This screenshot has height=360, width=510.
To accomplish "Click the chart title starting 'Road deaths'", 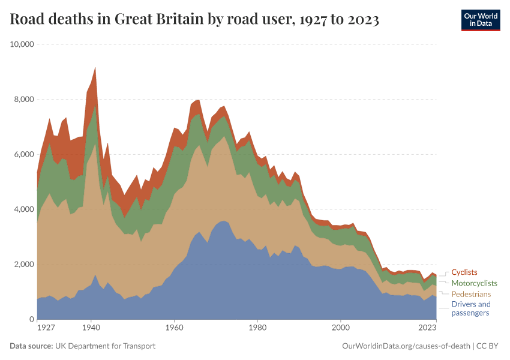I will pos(194,20).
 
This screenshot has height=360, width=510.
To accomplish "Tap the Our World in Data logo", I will pos(481,20).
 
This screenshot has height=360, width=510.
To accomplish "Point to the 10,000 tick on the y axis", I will pos(22,44).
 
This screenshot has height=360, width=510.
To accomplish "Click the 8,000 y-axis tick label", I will pos(24,100).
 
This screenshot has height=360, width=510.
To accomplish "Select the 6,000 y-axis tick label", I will pos(24,154).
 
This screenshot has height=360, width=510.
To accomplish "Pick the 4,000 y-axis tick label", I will pos(24,209).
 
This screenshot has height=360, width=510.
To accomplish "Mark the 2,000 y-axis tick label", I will pos(24,265).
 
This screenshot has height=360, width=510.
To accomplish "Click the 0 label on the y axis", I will pos(31,319).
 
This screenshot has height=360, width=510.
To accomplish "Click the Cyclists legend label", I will pos(464,272).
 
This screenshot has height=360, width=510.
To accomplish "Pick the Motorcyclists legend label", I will pos(474,283).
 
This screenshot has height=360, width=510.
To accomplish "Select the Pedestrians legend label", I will pos(471,294).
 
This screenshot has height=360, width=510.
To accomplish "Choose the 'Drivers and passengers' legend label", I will pos(470,308).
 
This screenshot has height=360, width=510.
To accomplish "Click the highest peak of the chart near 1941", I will pos(95,67).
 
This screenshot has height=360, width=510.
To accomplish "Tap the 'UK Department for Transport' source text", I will pos(105,346).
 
